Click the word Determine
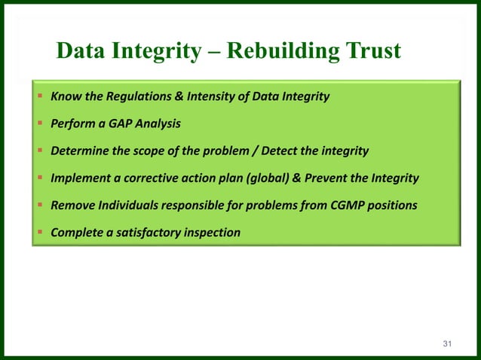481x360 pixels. pos(79,151)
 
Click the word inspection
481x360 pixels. pos(213,232)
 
